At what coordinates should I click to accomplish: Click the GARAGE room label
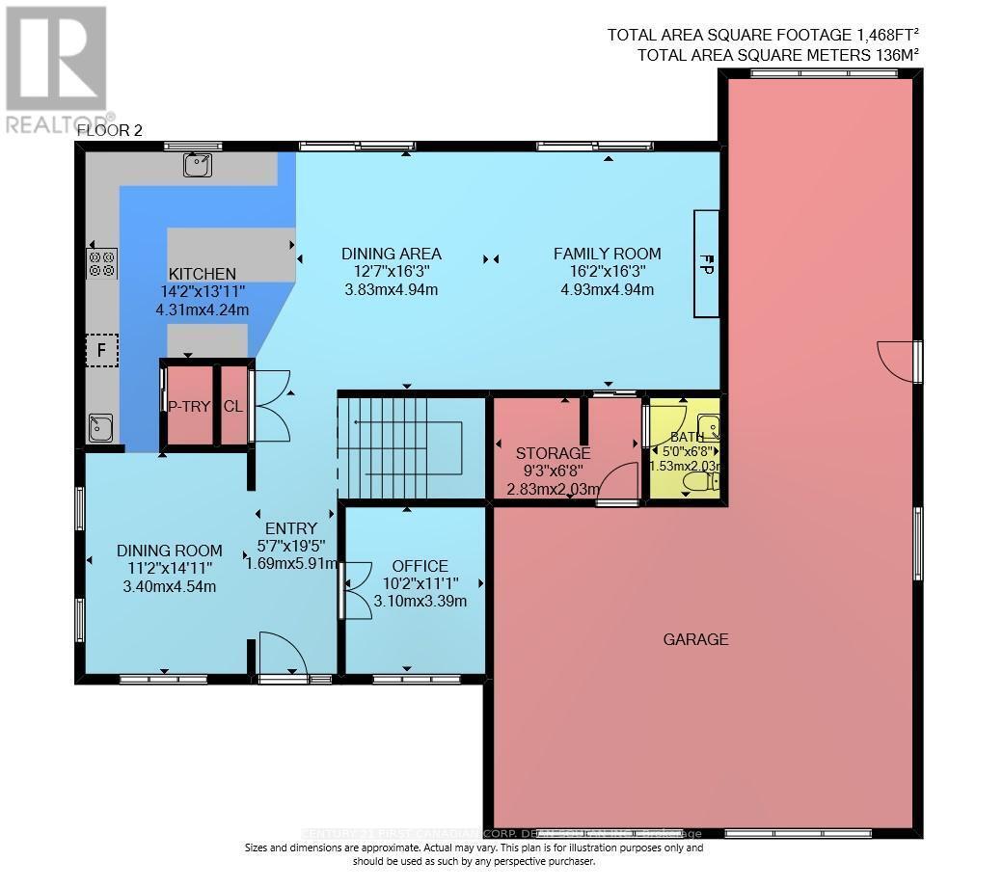point(695,639)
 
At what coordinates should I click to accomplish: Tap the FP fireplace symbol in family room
point(706,262)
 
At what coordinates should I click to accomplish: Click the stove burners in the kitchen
point(102,262)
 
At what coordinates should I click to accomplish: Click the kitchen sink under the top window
point(198,166)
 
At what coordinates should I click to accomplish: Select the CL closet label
point(232,406)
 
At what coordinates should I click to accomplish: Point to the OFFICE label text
point(420,566)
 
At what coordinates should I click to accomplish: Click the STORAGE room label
point(553,453)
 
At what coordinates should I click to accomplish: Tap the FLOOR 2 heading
point(109,130)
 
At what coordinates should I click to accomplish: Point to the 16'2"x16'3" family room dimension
point(607,272)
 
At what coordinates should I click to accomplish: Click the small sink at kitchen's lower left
point(99,427)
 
